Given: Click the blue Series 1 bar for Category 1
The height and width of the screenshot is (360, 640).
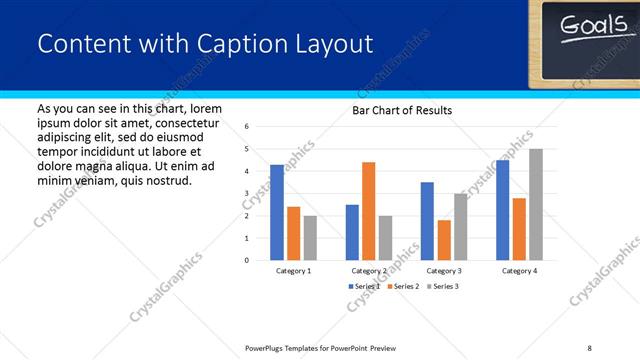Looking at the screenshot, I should coord(277,212).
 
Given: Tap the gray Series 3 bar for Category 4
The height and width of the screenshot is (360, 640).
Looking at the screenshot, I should coord(536,204).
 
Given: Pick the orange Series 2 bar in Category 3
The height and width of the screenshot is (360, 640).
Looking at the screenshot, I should coord(443,240).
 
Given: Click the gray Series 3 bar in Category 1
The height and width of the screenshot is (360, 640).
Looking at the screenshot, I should coord(310,238).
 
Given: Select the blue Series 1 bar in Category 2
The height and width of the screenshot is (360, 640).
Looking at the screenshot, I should coord(351,232).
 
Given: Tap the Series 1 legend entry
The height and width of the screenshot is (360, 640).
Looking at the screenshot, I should coord(364,287).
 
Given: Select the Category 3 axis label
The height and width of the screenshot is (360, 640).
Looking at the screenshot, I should coord(443,271).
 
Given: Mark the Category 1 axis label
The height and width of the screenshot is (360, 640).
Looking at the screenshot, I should coord(293,271).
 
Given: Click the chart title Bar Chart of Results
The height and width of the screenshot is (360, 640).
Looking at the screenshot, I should coord(402,110).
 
